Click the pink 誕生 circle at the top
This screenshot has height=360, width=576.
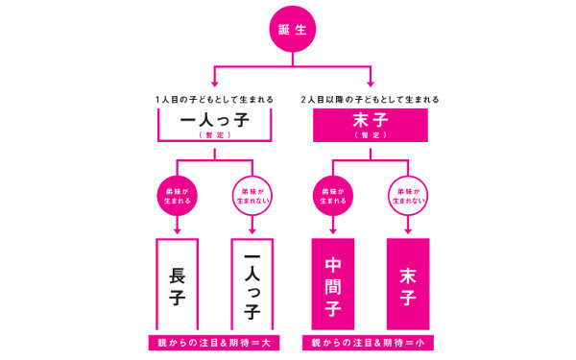click(290, 32)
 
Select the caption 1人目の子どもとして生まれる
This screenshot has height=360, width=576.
click(214, 101)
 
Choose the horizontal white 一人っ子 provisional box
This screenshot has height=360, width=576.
click(214, 125)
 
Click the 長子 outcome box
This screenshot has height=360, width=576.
click(177, 285)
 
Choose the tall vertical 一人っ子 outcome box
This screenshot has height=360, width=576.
click(252, 285)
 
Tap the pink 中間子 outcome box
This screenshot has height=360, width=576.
click(332, 285)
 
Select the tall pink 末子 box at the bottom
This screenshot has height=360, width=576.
click(407, 285)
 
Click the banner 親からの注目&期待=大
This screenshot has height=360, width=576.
click(214, 343)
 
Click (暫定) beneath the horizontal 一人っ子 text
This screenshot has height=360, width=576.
click(214, 136)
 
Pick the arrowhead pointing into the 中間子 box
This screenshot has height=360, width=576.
click(332, 230)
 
